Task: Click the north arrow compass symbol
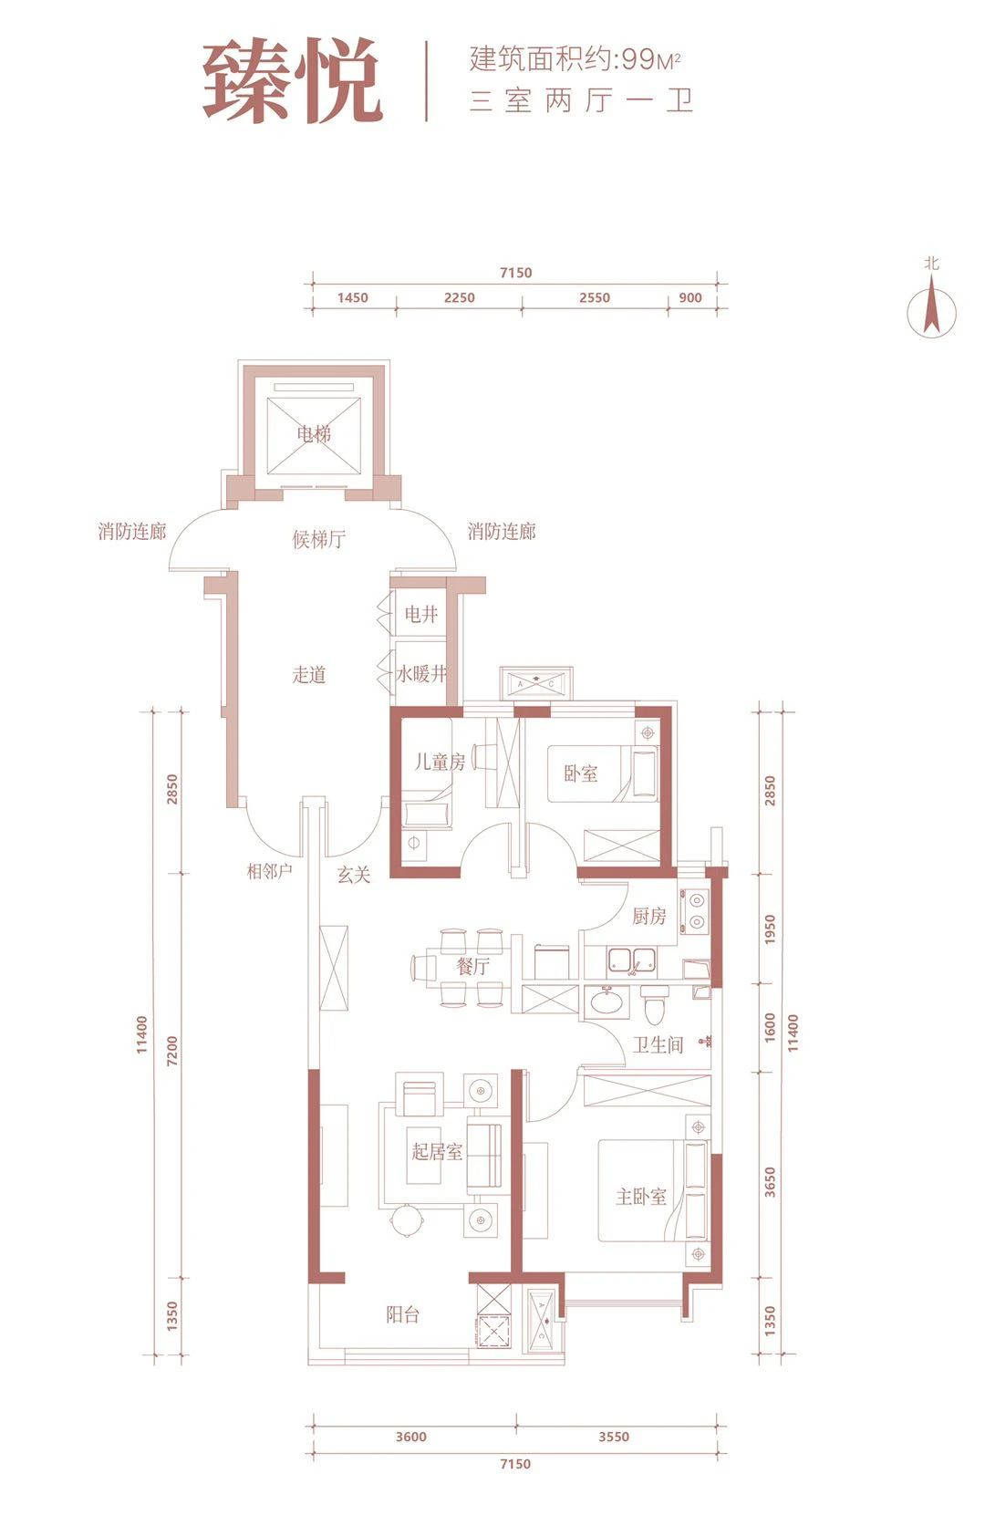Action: pyautogui.click(x=931, y=311)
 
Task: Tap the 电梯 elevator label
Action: pyautogui.click(x=314, y=432)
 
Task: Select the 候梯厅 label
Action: pyautogui.click(x=318, y=540)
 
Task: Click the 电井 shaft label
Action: pyautogui.click(x=420, y=614)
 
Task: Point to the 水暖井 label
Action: pyautogui.click(x=421, y=674)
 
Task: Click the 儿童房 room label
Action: pyautogui.click(x=440, y=762)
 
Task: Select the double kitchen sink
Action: pyautogui.click(x=630, y=960)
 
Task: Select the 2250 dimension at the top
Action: pyautogui.click(x=460, y=297)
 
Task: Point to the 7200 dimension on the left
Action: pyautogui.click(x=172, y=1051)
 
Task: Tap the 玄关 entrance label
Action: pyautogui.click(x=354, y=875)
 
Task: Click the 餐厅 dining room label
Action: pyautogui.click(x=473, y=966)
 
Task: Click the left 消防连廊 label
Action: pyautogui.click(x=132, y=532)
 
